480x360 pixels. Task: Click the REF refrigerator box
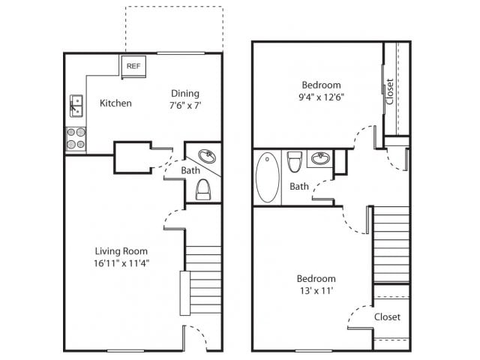point(133,67)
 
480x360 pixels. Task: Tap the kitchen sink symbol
point(76,105)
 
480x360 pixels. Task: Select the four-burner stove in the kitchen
point(76,139)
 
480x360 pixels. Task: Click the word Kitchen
point(115,103)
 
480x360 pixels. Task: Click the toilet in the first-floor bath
point(203,190)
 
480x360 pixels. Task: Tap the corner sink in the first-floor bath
point(207,157)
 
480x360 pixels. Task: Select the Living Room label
point(121,250)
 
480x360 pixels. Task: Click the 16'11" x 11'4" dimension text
point(121,263)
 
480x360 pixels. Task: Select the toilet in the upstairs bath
point(294,160)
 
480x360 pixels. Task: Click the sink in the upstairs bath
point(320,159)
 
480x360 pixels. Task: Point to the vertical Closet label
point(389,91)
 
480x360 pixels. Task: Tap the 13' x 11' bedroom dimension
point(316,291)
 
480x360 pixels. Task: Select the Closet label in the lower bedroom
point(387,316)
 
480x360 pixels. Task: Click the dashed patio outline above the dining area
point(173,28)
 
